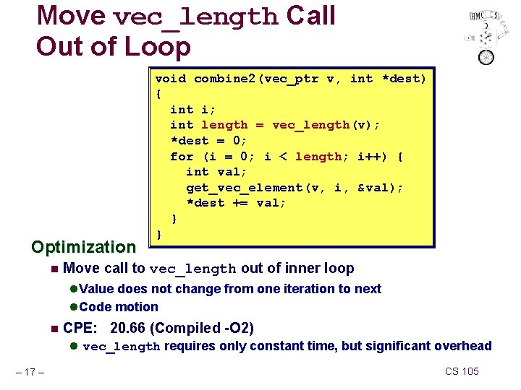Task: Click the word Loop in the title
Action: click(156, 46)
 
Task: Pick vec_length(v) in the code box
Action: click(326, 125)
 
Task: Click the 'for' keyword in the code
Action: click(182, 156)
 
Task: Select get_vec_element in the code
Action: click(244, 188)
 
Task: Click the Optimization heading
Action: click(83, 247)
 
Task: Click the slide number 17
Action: click(31, 373)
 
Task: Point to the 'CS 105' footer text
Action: click(462, 371)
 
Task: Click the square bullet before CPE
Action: click(54, 329)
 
